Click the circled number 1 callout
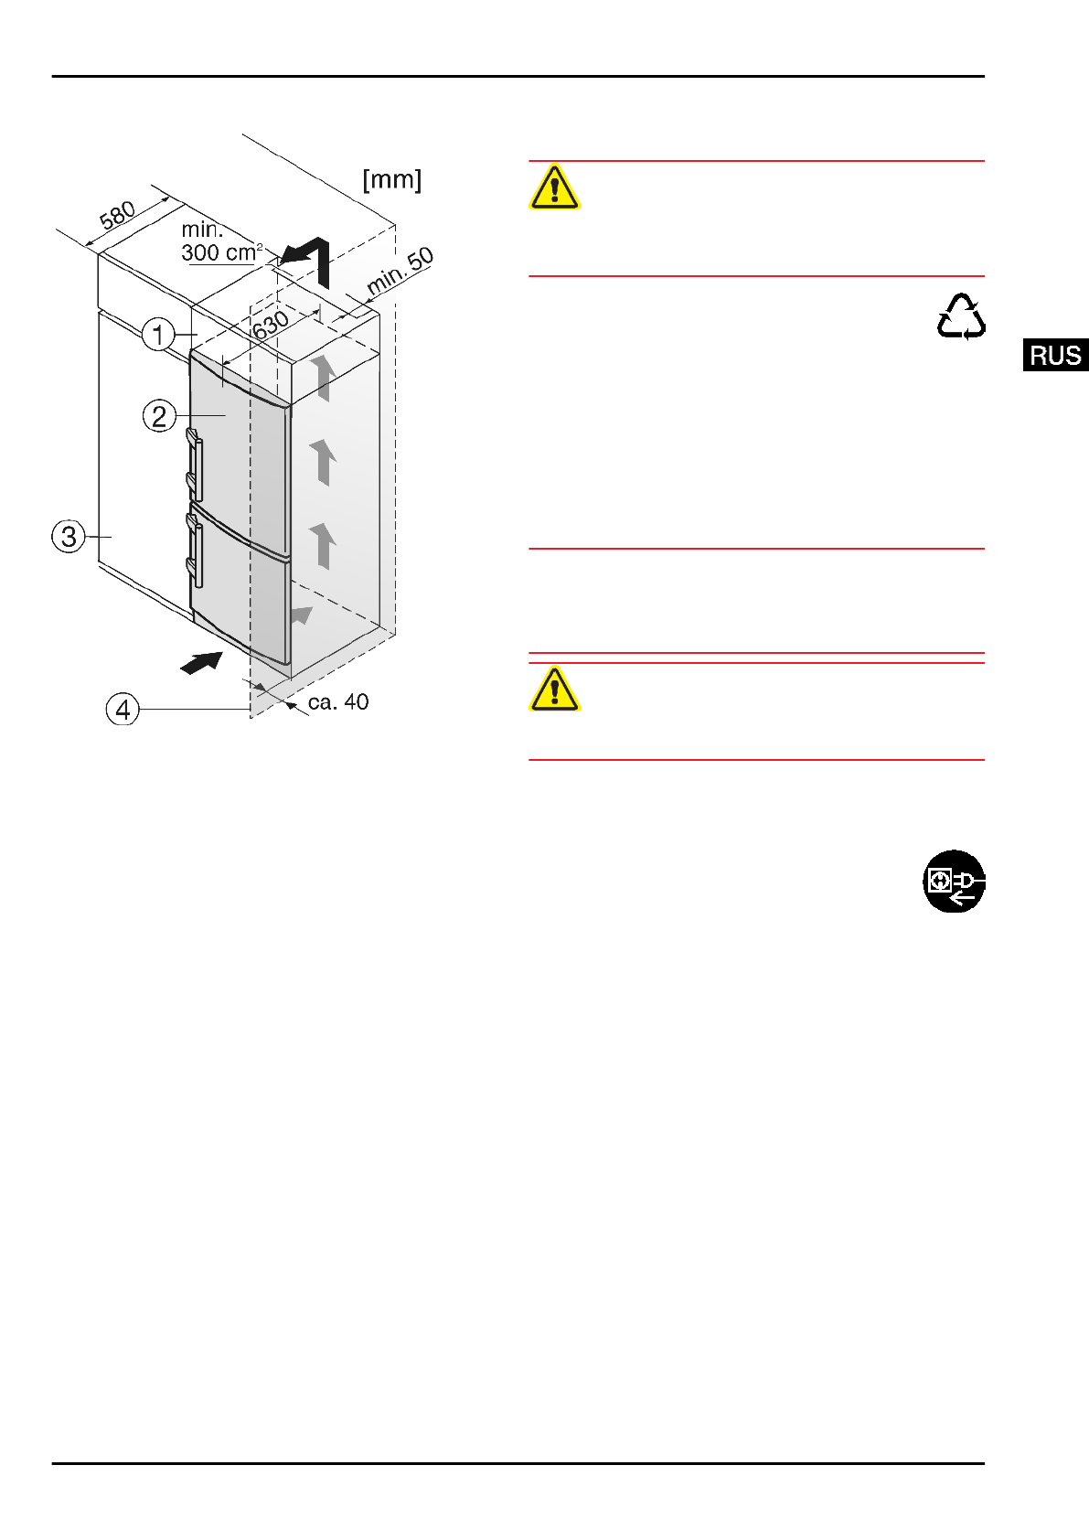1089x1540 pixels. tap(158, 334)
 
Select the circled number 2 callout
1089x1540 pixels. tap(159, 416)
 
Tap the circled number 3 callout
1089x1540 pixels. tap(69, 536)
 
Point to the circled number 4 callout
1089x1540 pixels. tap(123, 709)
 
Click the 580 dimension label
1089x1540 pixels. tap(117, 216)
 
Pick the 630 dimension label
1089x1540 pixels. tap(271, 325)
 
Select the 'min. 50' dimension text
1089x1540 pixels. tap(400, 271)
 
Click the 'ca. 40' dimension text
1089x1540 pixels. tap(338, 702)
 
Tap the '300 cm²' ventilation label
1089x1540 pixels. tap(220, 252)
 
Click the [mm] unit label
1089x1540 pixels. tap(392, 179)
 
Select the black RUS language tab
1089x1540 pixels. tap(1055, 355)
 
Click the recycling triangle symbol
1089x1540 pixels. tap(961, 317)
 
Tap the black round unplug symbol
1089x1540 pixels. tap(954, 882)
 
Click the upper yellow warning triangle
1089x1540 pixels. tap(554, 187)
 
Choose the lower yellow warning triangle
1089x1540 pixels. tap(554, 690)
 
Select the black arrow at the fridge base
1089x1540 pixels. tap(202, 662)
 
